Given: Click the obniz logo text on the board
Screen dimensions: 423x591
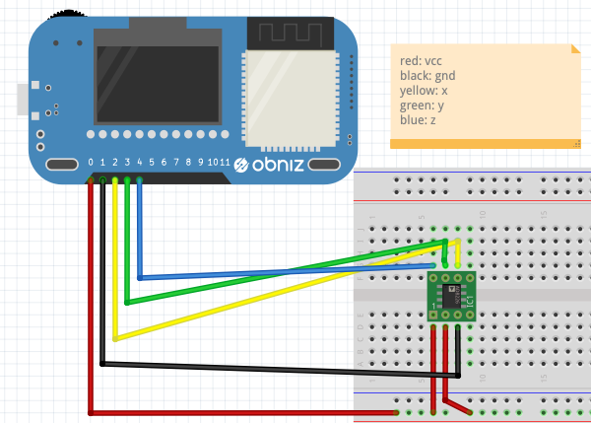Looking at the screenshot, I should tap(285, 163).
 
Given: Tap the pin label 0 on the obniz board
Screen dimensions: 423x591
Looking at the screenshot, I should tap(91, 162).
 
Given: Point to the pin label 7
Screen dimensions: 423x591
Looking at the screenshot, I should tap(175, 162).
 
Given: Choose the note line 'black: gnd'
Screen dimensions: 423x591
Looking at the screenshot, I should tap(427, 76).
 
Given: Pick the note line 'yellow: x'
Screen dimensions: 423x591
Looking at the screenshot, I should tap(424, 91).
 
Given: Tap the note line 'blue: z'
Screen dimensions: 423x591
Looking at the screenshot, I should tap(418, 120).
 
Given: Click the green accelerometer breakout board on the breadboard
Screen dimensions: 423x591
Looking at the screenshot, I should tap(452, 295).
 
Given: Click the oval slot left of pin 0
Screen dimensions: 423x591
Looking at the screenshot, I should tap(60, 164).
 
